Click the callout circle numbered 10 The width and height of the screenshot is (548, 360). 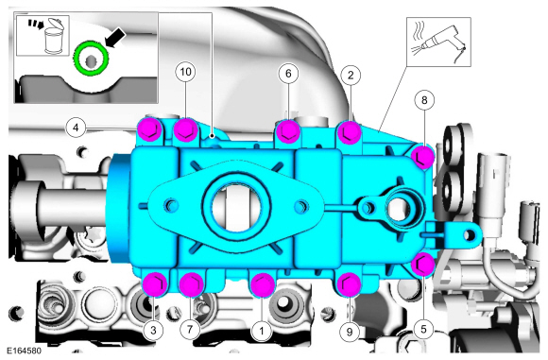[185, 72]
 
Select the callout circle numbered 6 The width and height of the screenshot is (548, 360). [288, 74]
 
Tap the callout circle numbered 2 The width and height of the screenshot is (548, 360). [351, 75]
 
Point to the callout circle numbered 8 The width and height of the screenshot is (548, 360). [424, 100]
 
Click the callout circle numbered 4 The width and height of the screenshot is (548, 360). [77, 128]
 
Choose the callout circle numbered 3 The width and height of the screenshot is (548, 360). [153, 330]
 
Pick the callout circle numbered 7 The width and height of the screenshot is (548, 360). [190, 329]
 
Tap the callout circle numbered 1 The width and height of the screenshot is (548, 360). [262, 330]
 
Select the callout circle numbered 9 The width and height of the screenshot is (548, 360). [350, 332]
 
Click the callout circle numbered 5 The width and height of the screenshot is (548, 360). [423, 329]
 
